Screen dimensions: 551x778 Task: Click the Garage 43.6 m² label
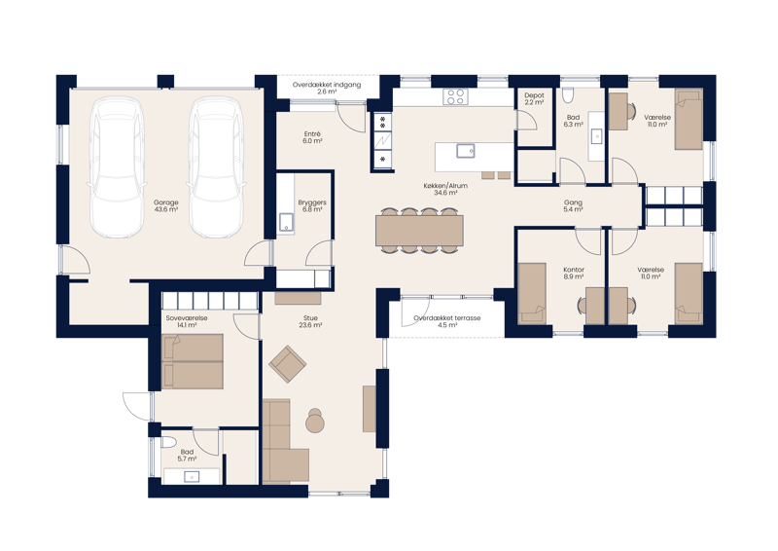click(165, 207)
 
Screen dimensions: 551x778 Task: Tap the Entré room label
click(312, 137)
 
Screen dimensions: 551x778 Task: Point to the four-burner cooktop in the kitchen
click(455, 95)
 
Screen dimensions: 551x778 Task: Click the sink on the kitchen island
click(466, 150)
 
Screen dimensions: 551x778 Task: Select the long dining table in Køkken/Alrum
click(419, 230)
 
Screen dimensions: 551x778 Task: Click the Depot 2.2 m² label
click(534, 99)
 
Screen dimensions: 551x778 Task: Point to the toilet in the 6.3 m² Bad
click(574, 96)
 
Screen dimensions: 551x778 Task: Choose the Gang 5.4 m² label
click(573, 206)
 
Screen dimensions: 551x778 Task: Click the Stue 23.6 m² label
click(311, 321)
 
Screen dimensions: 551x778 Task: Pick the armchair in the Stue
click(288, 365)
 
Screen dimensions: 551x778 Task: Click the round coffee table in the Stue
click(315, 422)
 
